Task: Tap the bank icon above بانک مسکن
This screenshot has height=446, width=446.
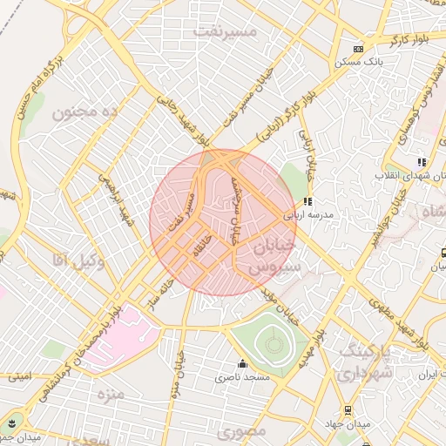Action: click(x=358, y=49)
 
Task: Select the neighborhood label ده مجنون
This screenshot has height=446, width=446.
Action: click(x=84, y=112)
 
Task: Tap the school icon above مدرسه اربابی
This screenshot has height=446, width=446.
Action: click(x=307, y=201)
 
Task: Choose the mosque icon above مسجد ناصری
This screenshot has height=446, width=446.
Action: click(x=242, y=364)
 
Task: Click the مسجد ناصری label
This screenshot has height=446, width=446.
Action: click(x=243, y=378)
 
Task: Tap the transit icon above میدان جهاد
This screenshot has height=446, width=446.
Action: click(x=348, y=409)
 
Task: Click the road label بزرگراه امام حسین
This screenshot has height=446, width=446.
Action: click(x=36, y=84)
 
